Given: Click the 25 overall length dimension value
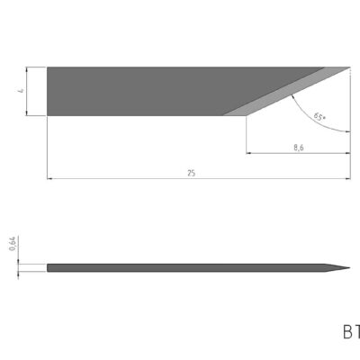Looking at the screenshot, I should tap(191, 172).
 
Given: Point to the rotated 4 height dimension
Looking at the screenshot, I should tap(20, 90).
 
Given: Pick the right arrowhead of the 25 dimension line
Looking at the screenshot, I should tap(348, 178).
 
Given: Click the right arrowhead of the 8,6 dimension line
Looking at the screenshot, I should tap(348, 153).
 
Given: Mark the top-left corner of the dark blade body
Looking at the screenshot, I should tap(48, 67).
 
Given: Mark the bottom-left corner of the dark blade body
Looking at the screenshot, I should tap(48, 115).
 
